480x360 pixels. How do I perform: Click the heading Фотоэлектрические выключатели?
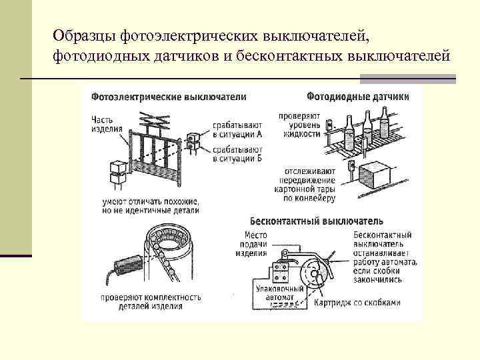[x=169, y=97]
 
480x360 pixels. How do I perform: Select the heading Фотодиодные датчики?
[x=358, y=97]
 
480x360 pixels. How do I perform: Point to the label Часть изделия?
[x=106, y=125]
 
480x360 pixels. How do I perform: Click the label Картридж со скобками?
[x=367, y=303]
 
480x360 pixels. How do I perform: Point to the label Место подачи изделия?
[x=255, y=243]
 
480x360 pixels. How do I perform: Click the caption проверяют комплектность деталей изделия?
[x=143, y=302]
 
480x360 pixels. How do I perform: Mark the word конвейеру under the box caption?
[x=313, y=198]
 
